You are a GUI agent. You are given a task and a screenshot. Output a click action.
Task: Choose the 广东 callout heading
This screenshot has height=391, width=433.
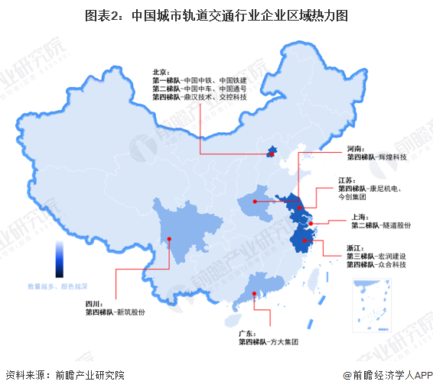tap(247, 333)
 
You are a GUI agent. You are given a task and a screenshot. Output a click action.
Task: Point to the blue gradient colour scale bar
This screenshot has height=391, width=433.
tap(59, 260)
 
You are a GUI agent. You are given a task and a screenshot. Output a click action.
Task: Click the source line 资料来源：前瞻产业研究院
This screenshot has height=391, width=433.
tap(64, 375)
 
